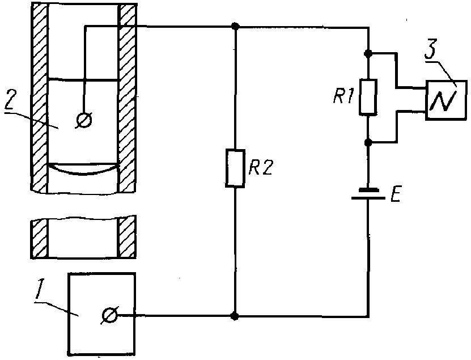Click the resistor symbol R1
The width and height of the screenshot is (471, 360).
[x=368, y=97]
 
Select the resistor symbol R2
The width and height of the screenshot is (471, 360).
[x=235, y=168]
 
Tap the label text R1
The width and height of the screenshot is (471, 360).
[x=342, y=96]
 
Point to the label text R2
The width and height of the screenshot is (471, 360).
[x=261, y=168]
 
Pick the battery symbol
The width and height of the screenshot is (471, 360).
[x=368, y=194]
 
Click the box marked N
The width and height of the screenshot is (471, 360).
[x=446, y=100]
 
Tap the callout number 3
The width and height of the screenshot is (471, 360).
[x=430, y=52]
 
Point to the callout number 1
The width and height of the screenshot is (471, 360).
[x=39, y=290]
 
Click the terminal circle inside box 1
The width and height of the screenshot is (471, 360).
[x=110, y=315]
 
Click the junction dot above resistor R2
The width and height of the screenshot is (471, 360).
[x=236, y=26]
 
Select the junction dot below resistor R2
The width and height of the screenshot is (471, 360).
[x=235, y=316]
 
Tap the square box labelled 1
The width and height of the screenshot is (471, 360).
[x=101, y=314]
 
